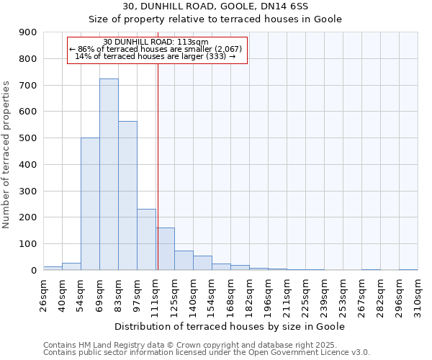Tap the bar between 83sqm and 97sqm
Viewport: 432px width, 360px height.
(127, 195)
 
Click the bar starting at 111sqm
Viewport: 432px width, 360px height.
(166, 248)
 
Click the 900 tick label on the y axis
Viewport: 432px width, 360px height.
(28, 32)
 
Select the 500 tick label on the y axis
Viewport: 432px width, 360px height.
(28, 138)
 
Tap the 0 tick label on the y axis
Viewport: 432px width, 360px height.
(33, 270)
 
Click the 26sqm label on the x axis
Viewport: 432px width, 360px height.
(44, 293)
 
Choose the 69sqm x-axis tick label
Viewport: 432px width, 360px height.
(100, 293)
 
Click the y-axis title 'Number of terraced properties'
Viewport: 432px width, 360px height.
(7, 155)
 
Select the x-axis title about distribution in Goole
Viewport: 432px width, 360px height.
(230, 326)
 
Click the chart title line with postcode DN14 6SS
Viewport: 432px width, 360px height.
(215, 6)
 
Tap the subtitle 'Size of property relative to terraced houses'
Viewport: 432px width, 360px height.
(215, 19)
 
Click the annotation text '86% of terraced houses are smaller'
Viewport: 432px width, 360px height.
(156, 49)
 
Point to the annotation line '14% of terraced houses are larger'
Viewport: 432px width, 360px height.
(156, 56)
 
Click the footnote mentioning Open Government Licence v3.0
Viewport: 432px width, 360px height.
(207, 352)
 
